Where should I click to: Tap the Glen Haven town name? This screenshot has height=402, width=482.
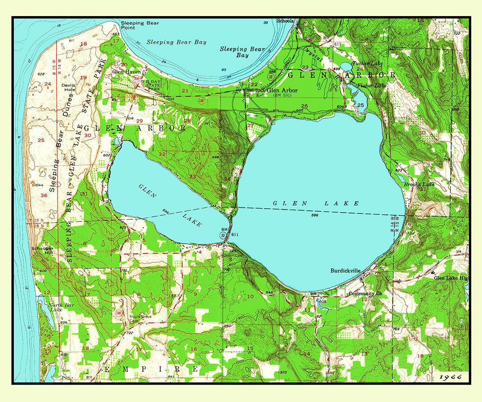click(126, 71)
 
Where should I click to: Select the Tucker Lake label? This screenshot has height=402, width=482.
click(367, 63)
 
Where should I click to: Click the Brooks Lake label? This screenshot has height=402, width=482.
click(419, 184)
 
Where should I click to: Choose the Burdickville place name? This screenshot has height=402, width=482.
click(345, 270)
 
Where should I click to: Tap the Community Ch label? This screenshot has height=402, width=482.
click(365, 293)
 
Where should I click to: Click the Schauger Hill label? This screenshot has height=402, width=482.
click(42, 251)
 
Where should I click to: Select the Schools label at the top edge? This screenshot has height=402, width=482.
click(285, 21)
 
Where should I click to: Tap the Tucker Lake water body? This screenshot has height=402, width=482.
click(346, 67)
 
